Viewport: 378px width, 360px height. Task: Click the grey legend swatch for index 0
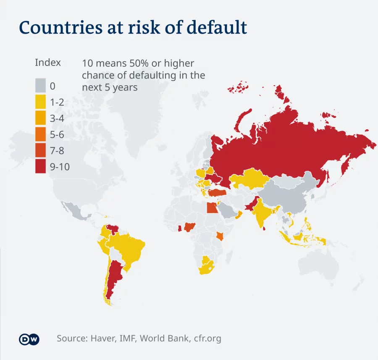pos(40,86)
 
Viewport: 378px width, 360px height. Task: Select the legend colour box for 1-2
pos(40,102)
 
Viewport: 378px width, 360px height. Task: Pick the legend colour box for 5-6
pos(40,134)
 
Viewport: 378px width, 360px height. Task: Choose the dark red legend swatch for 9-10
pos(40,167)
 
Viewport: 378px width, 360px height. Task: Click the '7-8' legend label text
pos(57,151)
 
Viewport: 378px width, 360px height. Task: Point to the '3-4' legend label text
pos(57,118)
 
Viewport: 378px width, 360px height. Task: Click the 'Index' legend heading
pos(47,63)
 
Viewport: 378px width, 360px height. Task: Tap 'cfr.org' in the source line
pos(207,338)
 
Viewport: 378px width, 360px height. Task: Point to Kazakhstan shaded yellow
pos(250,179)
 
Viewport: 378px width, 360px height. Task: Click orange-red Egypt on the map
pos(212,208)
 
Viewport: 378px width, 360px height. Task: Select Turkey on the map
pos(217,192)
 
